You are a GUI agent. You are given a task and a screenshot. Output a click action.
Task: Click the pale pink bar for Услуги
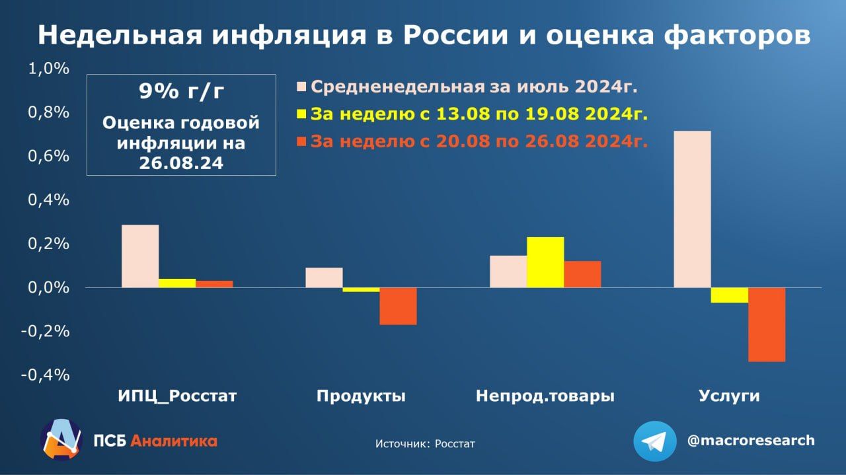692,209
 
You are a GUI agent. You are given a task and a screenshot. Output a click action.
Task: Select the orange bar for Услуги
767,325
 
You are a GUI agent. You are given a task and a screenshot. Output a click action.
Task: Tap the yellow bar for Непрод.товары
545,262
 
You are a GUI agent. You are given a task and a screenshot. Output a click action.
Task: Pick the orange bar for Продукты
398,307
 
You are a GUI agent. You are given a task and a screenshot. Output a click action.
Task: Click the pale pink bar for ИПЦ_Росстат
140,256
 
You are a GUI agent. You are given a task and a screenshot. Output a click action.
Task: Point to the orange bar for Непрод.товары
582,275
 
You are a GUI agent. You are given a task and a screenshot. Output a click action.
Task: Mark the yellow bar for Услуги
730,295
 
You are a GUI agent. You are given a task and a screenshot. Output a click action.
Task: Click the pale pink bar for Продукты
324,278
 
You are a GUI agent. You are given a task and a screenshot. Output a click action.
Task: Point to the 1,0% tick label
49,69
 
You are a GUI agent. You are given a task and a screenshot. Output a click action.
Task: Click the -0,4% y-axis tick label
46,375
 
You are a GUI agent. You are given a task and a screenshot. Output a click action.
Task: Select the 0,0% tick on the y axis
49,288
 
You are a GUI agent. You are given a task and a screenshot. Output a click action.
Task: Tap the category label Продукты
361,396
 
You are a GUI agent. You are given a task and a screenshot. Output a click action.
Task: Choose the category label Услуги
729,396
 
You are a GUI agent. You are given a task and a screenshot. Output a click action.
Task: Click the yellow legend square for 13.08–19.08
301,114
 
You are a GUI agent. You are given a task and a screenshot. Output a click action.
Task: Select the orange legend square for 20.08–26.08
301,141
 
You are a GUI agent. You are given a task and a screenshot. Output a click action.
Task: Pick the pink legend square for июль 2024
301,87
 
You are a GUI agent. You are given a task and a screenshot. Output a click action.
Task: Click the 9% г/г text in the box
181,91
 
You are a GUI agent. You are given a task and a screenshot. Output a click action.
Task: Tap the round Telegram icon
655,441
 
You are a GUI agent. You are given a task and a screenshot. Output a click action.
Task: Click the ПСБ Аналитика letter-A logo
61,439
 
